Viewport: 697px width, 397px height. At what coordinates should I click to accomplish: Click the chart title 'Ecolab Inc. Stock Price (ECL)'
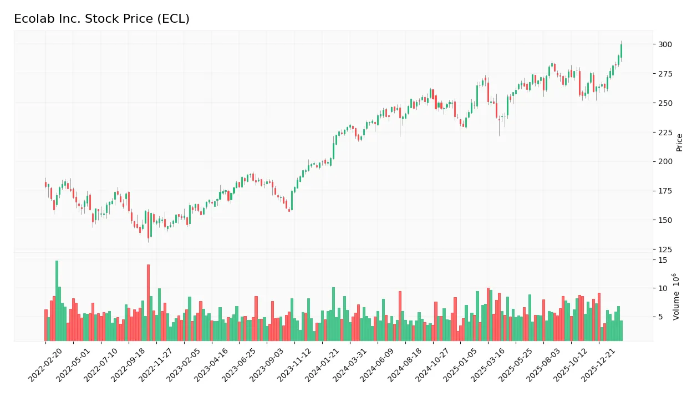101,19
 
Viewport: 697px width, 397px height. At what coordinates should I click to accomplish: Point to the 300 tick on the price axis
665,44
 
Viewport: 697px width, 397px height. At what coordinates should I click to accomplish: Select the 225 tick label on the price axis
665,133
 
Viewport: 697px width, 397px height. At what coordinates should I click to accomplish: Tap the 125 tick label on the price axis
665,250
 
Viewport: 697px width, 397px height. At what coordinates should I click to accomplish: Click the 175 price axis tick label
665,191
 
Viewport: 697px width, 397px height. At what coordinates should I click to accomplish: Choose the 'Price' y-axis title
679,142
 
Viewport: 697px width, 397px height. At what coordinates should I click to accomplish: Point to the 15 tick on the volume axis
662,259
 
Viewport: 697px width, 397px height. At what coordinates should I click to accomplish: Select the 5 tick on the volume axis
660,317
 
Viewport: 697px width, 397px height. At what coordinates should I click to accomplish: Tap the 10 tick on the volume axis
662,288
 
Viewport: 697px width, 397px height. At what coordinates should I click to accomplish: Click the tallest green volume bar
57,301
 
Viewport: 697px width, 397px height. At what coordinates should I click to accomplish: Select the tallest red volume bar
148,303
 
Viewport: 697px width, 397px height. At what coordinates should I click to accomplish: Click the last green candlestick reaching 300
621,50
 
